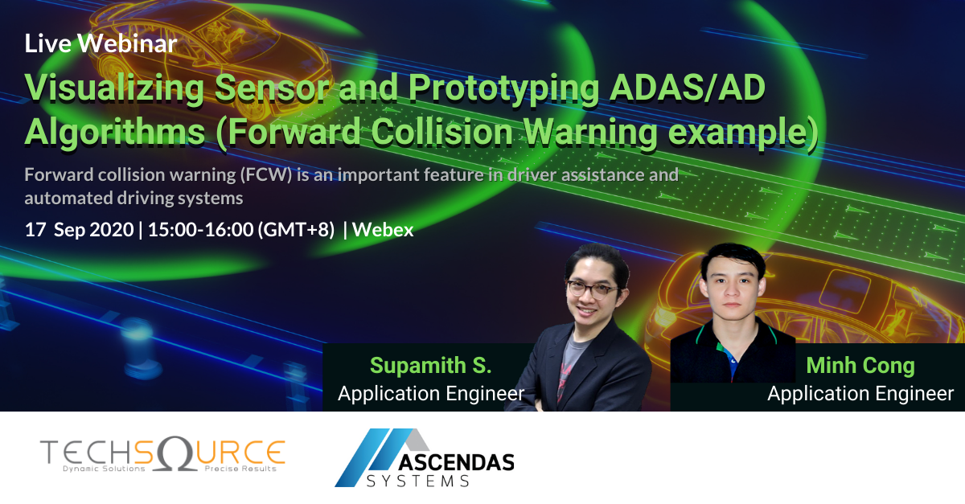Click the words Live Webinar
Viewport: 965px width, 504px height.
pyautogui.click(x=101, y=44)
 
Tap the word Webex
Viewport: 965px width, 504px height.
pyautogui.click(x=383, y=230)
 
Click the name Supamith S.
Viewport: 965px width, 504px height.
pyautogui.click(x=430, y=367)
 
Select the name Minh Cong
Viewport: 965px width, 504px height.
pyautogui.click(x=860, y=367)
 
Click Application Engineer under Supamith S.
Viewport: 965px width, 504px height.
pyautogui.click(x=430, y=394)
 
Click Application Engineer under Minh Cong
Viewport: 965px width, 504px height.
pyautogui.click(x=860, y=394)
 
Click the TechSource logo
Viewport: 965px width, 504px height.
pyautogui.click(x=161, y=455)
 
